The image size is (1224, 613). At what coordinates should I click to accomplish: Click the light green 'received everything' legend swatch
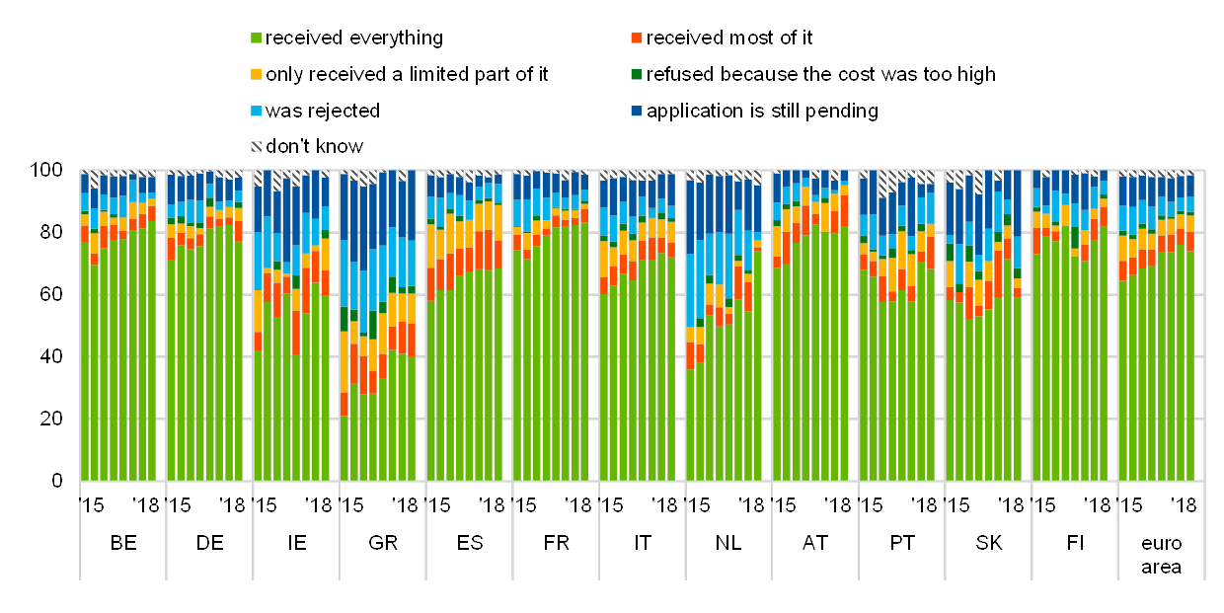pos(257,38)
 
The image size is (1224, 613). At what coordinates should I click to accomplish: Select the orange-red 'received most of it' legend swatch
pos(637,38)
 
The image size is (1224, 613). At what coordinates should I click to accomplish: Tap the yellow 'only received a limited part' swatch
pos(257,75)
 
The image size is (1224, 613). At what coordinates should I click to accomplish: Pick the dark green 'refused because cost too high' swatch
pos(637,75)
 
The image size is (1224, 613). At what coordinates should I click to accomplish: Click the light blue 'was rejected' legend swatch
pos(257,112)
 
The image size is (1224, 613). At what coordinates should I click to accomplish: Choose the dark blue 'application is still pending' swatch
pos(637,112)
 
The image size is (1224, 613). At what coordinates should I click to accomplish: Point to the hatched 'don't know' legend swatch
pos(257,147)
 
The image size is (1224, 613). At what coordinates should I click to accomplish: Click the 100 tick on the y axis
pos(46,171)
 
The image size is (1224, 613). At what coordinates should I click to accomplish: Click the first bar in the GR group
pos(344,326)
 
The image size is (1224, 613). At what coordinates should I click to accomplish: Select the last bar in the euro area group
pos(1189,326)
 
